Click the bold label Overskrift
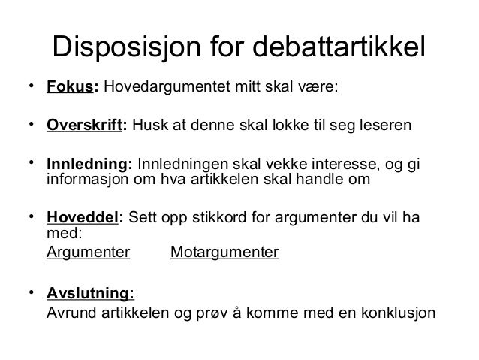click(x=87, y=126)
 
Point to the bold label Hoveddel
click(x=83, y=219)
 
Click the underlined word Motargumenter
click(x=224, y=252)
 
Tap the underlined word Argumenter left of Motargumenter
click(x=88, y=252)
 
